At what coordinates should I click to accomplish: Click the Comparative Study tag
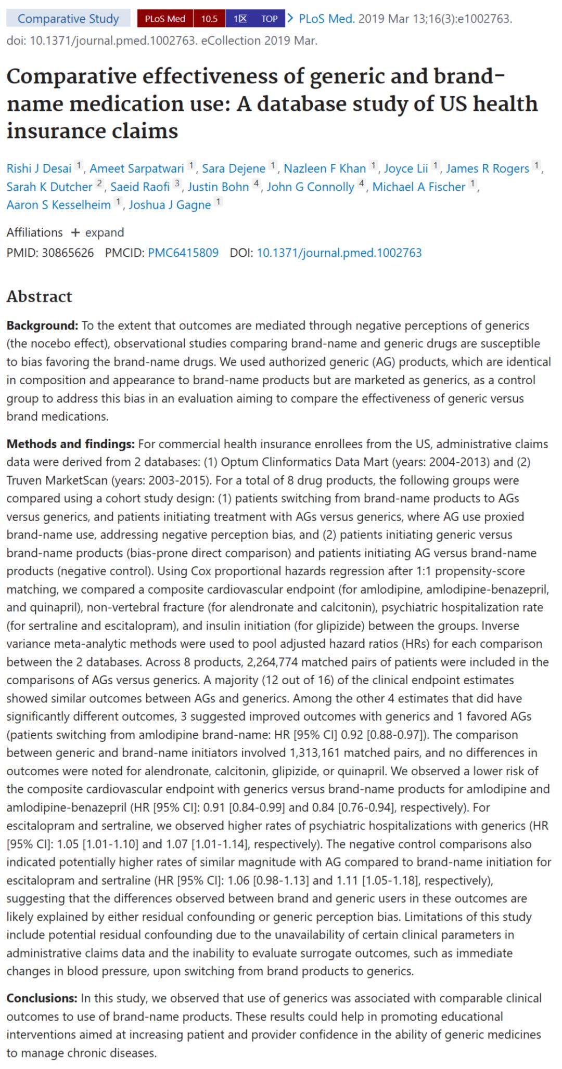68,19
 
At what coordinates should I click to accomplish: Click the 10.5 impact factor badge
209,19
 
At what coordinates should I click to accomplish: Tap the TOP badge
269,19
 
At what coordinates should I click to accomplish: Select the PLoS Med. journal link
326,19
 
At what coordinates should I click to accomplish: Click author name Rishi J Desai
39,168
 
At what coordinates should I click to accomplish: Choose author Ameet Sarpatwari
137,168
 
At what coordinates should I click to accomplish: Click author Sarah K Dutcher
49,187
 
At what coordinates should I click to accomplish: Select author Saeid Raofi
140,187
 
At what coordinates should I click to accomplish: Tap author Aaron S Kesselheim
58,205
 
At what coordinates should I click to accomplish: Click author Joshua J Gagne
170,205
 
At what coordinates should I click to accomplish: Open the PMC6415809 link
183,253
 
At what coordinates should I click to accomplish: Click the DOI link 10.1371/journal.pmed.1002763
339,253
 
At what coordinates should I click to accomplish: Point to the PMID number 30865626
68,253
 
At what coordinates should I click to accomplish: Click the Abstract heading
40,296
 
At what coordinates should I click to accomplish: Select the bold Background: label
42,325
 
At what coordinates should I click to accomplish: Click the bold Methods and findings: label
70,444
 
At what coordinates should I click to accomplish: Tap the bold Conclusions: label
42,998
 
